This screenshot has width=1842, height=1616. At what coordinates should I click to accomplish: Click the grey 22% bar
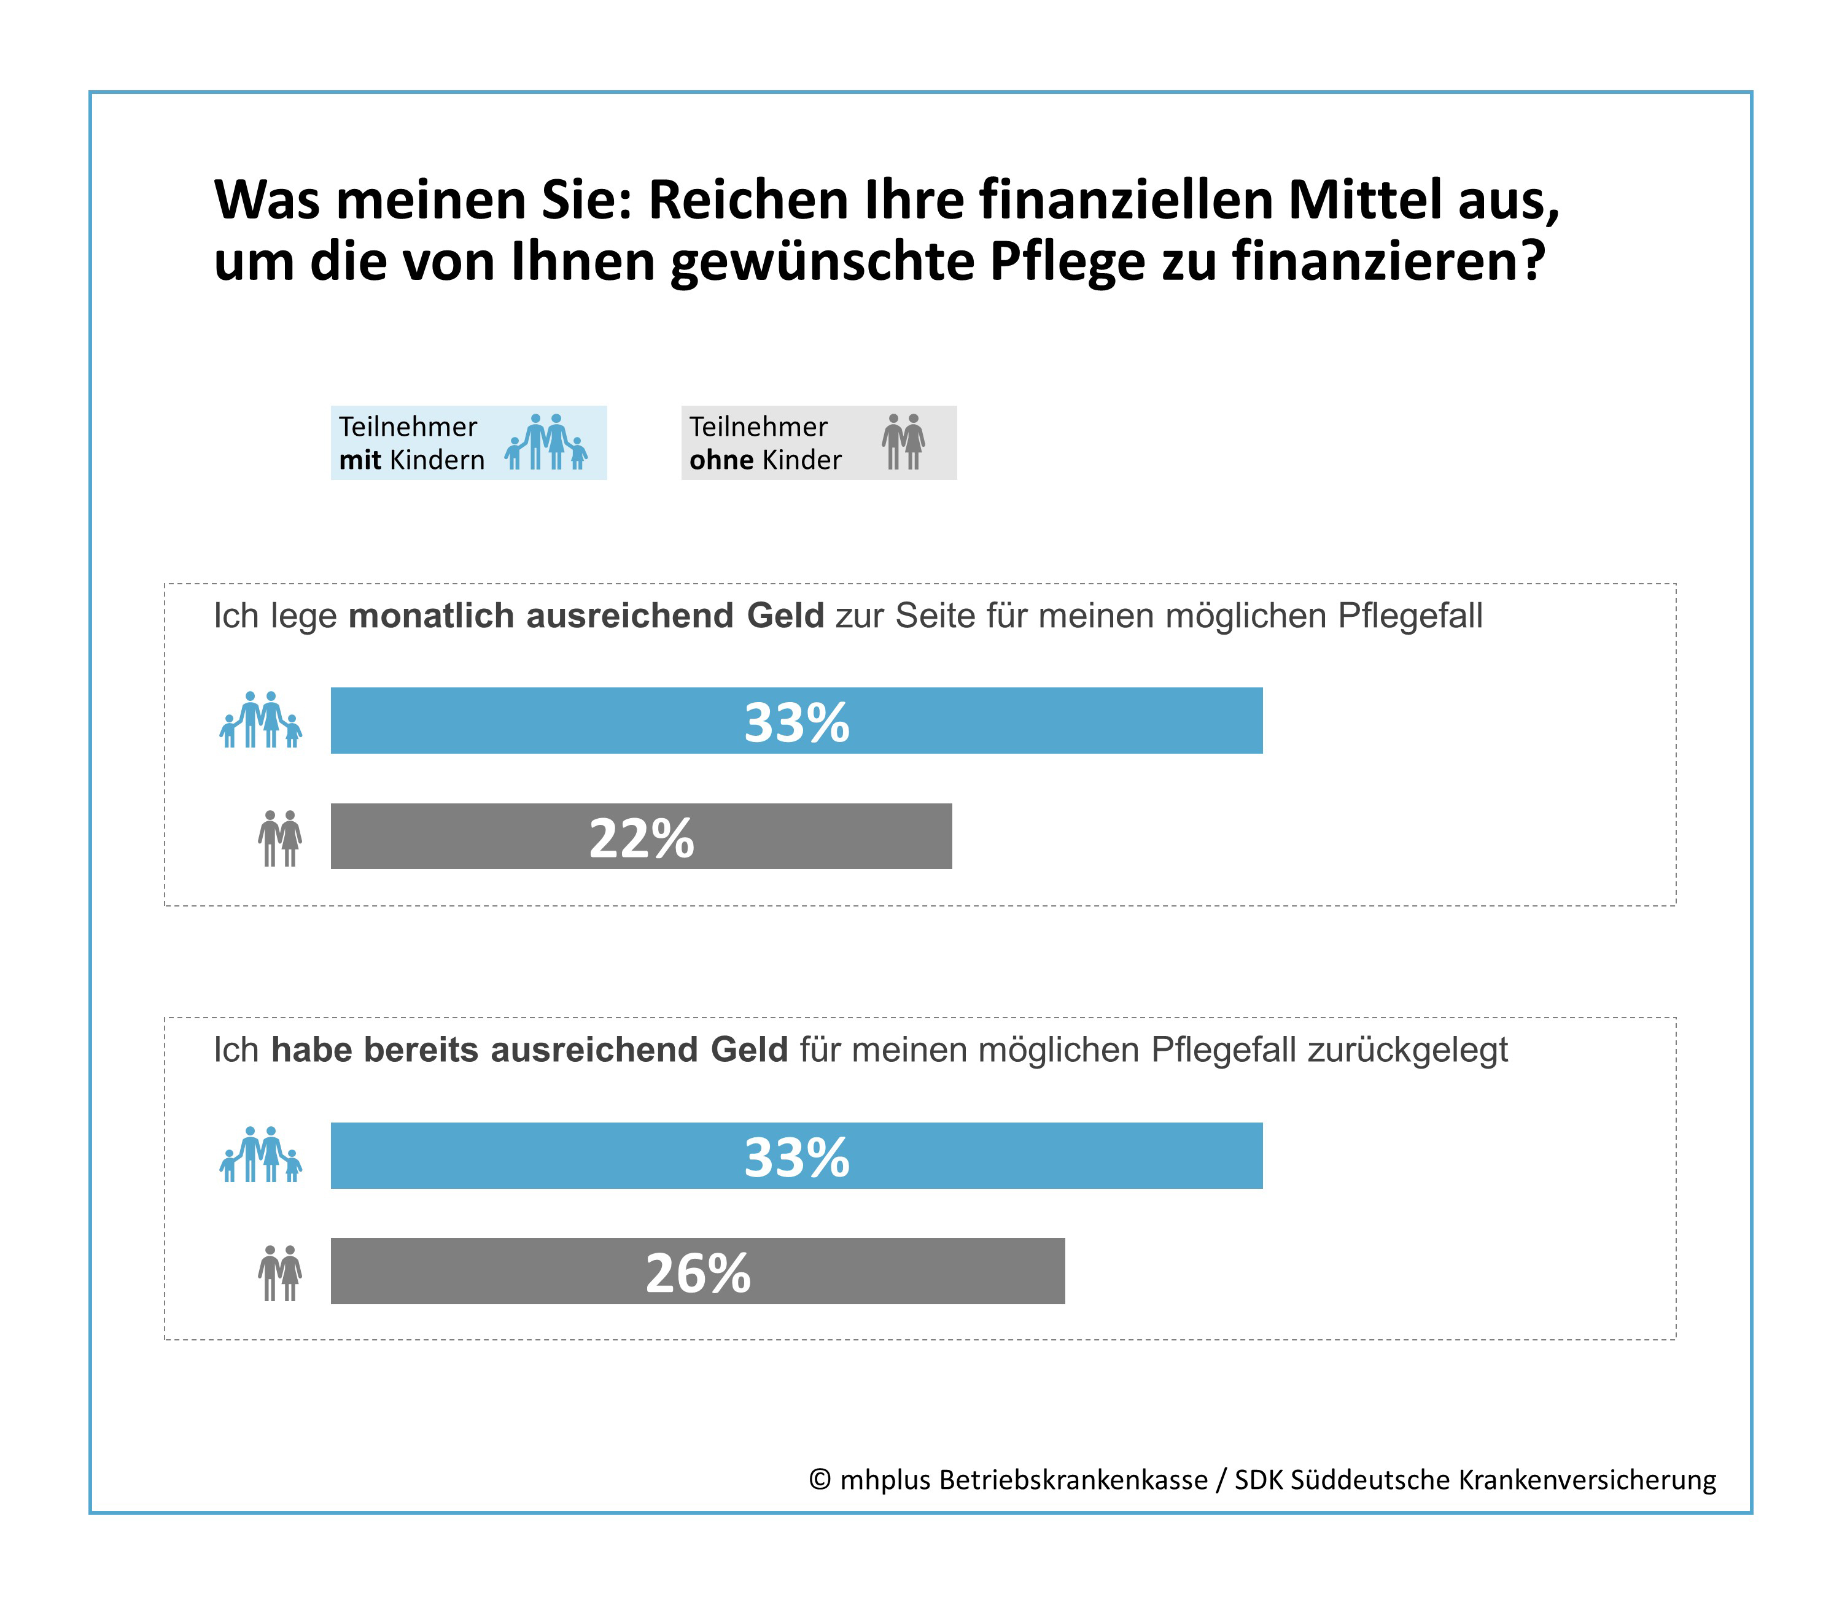click(x=641, y=836)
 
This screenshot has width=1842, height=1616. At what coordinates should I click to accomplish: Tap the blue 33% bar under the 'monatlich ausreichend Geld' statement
click(x=796, y=721)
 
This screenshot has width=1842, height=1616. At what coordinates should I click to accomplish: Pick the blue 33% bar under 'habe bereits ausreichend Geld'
click(x=796, y=1155)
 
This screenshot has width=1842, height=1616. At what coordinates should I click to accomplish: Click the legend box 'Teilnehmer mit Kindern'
click(x=468, y=443)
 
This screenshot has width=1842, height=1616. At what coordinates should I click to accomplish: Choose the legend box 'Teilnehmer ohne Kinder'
click(x=818, y=443)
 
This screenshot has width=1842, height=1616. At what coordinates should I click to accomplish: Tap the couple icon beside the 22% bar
click(x=279, y=838)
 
